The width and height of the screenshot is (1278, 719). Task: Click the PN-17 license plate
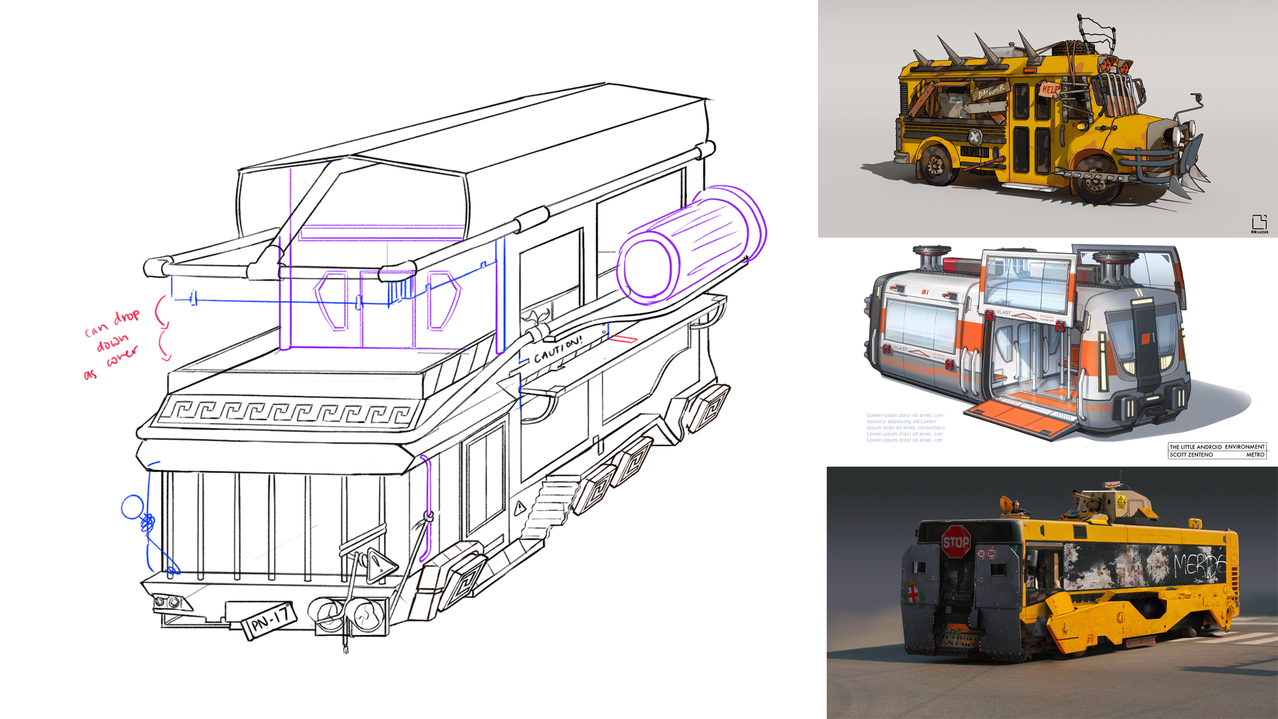[270, 620]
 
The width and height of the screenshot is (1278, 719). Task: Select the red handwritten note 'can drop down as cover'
[112, 343]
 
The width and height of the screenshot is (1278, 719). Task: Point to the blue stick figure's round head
[132, 507]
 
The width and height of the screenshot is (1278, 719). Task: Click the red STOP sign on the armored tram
[956, 542]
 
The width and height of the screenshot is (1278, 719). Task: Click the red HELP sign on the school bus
[1050, 89]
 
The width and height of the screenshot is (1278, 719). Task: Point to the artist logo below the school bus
[1259, 224]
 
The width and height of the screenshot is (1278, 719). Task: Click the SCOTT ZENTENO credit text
[1191, 455]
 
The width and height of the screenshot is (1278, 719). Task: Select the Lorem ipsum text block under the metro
[905, 427]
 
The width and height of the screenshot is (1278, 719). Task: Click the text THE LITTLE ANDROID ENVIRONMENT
[1216, 447]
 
